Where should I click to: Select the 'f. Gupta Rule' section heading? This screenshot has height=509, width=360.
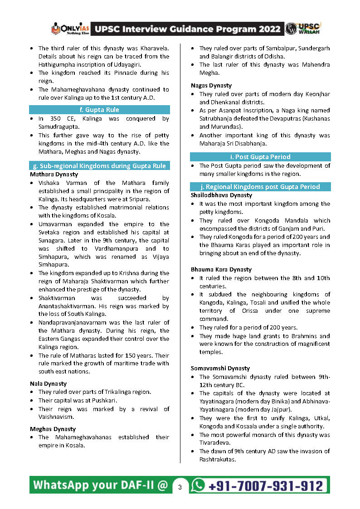point(99,110)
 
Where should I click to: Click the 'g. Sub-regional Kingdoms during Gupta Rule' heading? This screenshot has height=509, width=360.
point(99,166)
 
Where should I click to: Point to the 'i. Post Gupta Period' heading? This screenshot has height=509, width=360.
point(260,157)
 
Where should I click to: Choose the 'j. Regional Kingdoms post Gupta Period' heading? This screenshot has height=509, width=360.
point(260,187)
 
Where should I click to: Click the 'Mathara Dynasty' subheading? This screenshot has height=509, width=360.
point(54,174)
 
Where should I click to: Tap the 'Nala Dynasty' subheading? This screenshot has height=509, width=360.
point(48,383)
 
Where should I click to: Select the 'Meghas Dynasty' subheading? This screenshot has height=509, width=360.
point(53,429)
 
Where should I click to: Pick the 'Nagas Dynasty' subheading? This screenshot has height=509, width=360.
point(211,85)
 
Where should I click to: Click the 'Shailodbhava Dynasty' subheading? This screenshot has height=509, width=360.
point(221,195)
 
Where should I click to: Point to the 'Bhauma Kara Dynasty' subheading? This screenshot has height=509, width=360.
point(221,269)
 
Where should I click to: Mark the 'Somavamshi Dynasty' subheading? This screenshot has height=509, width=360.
point(220,368)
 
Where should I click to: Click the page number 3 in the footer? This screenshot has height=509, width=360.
point(180,487)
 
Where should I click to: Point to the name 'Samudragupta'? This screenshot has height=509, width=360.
point(58,127)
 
